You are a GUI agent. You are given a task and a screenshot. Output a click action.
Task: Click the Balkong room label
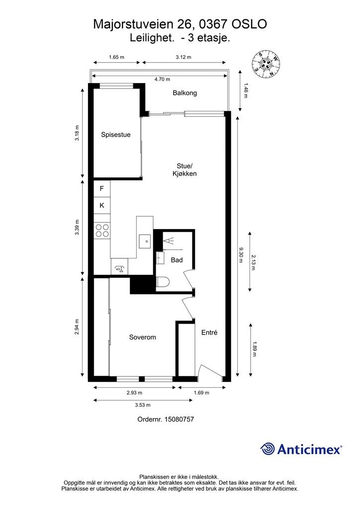click(x=184, y=93)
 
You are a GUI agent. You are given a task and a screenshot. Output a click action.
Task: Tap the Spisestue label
click(x=115, y=135)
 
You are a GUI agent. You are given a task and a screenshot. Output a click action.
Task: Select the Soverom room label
click(x=143, y=338)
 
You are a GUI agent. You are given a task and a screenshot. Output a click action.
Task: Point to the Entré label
click(x=209, y=333)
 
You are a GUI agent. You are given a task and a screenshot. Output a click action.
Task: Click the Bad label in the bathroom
click(x=177, y=260)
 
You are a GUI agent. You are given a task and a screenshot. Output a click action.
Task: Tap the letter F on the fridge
click(x=101, y=188)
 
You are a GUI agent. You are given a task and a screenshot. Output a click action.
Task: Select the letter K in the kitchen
click(x=102, y=205)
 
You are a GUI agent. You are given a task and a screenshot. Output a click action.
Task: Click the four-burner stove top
click(x=102, y=231)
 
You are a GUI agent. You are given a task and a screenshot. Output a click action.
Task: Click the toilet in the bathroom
click(x=162, y=283)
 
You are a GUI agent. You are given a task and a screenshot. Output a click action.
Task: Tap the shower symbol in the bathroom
click(x=169, y=241)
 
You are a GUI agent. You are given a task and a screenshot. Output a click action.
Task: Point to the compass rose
click(x=266, y=65)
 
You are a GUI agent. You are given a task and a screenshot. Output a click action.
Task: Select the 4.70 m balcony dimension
click(x=162, y=79)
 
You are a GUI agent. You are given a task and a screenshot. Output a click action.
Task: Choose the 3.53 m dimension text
click(x=143, y=405)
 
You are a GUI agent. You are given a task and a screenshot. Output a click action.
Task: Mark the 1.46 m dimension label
click(x=246, y=91)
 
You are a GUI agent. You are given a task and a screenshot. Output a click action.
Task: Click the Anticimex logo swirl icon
click(x=268, y=449)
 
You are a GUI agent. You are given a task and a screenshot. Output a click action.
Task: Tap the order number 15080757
click(x=179, y=419)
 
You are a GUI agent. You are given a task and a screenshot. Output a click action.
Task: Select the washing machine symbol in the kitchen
click(x=119, y=269)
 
